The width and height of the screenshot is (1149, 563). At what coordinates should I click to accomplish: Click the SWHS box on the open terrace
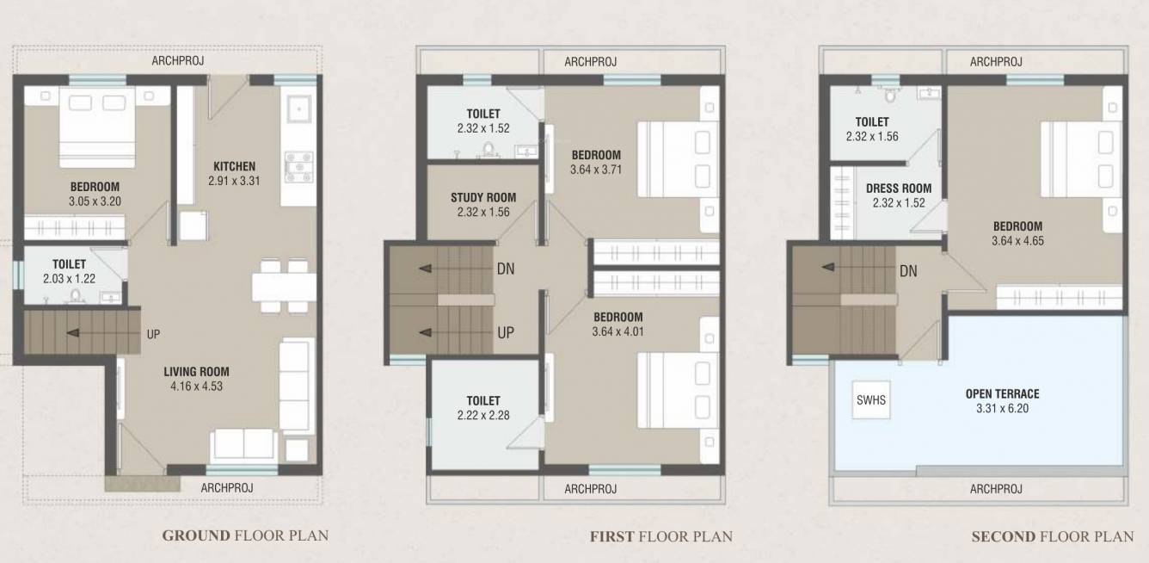[x=871, y=399]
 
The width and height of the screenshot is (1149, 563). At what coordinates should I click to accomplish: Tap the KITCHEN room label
[x=234, y=166]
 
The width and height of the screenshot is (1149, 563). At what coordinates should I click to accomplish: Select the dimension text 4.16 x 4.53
[x=197, y=387]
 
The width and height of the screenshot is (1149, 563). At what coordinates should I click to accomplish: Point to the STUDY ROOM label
[x=483, y=198]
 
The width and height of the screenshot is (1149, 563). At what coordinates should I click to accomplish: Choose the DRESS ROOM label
[x=898, y=189]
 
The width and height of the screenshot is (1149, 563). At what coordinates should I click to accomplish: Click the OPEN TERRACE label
[x=1002, y=394]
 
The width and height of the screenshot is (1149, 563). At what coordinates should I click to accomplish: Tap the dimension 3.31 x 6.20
[x=1002, y=409]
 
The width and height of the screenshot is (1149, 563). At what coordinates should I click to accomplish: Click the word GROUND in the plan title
[x=197, y=535]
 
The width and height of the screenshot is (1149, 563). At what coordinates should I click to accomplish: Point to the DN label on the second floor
[x=908, y=271]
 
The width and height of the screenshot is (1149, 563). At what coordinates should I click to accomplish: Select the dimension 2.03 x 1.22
[x=69, y=279]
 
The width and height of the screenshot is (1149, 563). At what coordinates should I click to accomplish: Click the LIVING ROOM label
[x=197, y=372]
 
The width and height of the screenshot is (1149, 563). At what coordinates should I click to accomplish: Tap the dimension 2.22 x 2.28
[x=483, y=416]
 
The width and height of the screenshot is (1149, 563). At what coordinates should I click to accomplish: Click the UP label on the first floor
[x=506, y=332]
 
